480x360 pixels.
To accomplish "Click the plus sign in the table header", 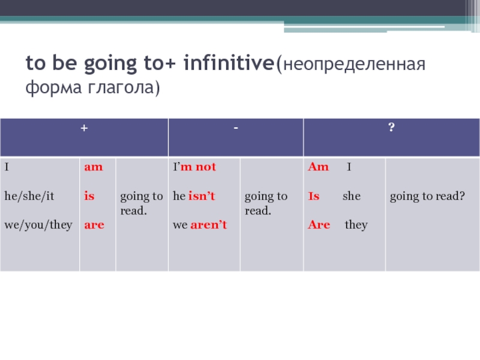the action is [84, 128].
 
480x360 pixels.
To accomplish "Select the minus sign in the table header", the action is [236, 128].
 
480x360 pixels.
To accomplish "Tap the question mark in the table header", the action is [391, 127].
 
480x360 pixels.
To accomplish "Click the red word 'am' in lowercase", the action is [94, 167].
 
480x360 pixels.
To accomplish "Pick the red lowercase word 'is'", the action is [89, 196].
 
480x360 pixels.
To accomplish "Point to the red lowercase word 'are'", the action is [94, 225].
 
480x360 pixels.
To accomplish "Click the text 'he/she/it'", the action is [29, 196].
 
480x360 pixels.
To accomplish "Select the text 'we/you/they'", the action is [38, 225].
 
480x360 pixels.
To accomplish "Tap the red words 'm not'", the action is [199, 167].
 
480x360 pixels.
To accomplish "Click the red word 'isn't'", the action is [202, 196].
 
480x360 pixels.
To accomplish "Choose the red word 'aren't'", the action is [209, 224].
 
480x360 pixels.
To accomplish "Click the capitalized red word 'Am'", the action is [319, 167].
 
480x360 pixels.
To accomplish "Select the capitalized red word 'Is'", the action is [314, 196].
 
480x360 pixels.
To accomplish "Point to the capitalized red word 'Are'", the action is [319, 224].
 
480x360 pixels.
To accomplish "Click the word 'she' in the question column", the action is [352, 196].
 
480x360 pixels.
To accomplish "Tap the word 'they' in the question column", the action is [356, 225].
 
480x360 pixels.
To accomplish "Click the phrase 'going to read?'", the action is [427, 196].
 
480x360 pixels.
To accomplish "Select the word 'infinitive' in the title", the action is [229, 63].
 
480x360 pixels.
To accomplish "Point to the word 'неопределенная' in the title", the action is [354, 65].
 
